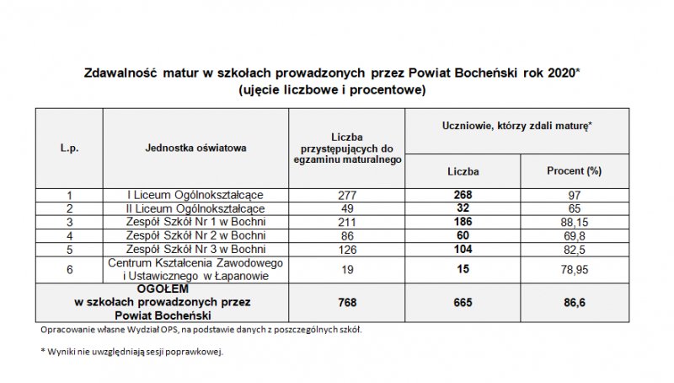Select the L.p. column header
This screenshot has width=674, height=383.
69,148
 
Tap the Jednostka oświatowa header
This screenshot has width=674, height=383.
195,148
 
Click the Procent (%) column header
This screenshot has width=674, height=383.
573,170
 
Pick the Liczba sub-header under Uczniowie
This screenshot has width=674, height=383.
463,170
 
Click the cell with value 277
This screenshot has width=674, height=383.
347,195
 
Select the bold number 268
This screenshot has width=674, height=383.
463,195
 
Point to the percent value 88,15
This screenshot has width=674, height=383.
573,222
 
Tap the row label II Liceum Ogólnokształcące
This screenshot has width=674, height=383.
195,208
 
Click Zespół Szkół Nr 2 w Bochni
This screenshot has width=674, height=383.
195,235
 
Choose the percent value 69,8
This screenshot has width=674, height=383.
573,235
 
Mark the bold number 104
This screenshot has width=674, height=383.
463,249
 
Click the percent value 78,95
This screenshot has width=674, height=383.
573,269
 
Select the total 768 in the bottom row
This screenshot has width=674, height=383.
347,301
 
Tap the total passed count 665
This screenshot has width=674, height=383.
463,301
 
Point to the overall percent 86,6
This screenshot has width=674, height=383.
573,301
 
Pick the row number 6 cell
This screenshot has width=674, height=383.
69,269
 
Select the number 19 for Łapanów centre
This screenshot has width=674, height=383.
347,269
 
